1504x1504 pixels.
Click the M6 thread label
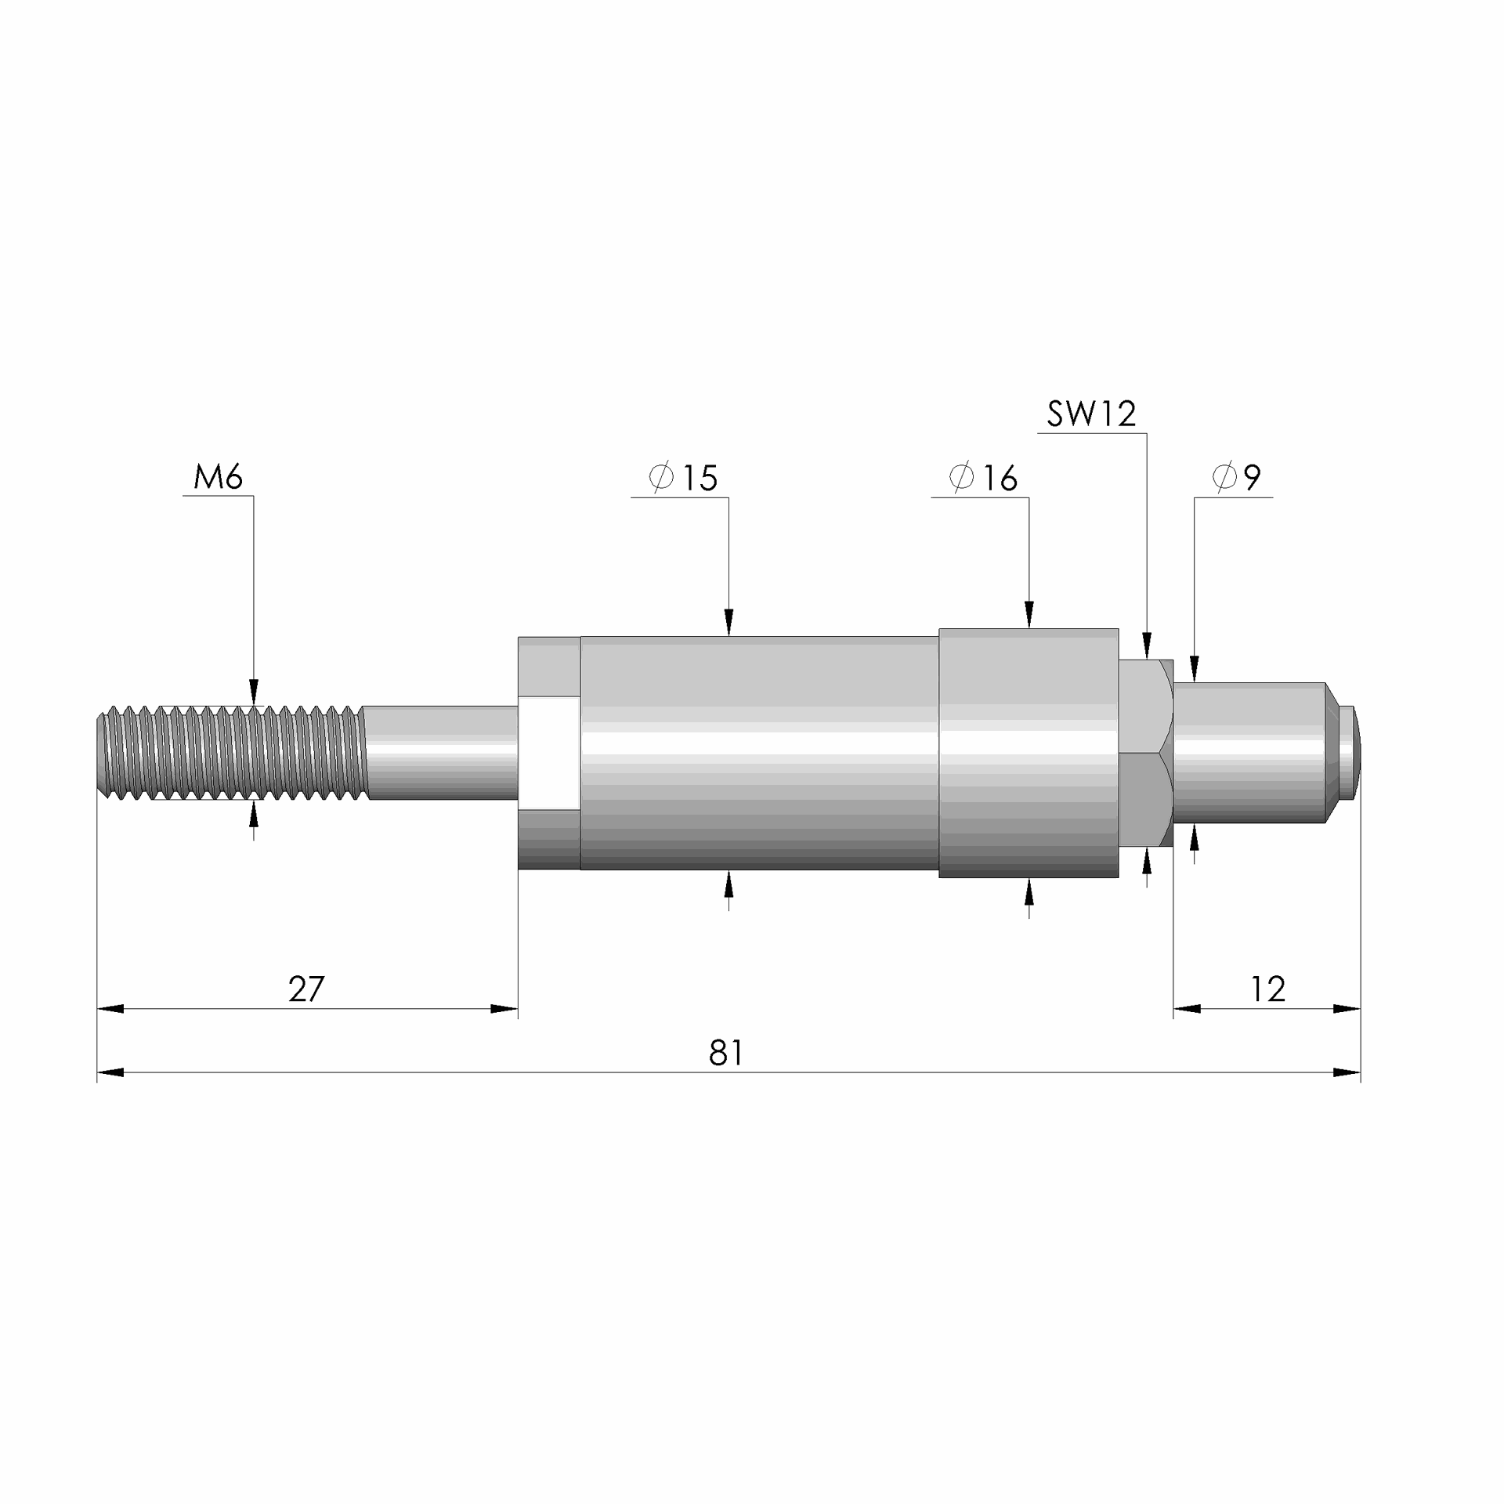(x=219, y=476)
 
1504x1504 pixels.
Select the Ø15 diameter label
(x=684, y=478)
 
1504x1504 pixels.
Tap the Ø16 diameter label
(x=984, y=478)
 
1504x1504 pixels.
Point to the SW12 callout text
(x=1091, y=414)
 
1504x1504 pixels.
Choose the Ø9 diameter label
(x=1237, y=478)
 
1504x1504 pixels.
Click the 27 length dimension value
(x=306, y=989)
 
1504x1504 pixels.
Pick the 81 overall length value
(x=726, y=1054)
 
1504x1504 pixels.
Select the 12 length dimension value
(x=1267, y=989)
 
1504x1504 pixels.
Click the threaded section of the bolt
(x=232, y=753)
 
